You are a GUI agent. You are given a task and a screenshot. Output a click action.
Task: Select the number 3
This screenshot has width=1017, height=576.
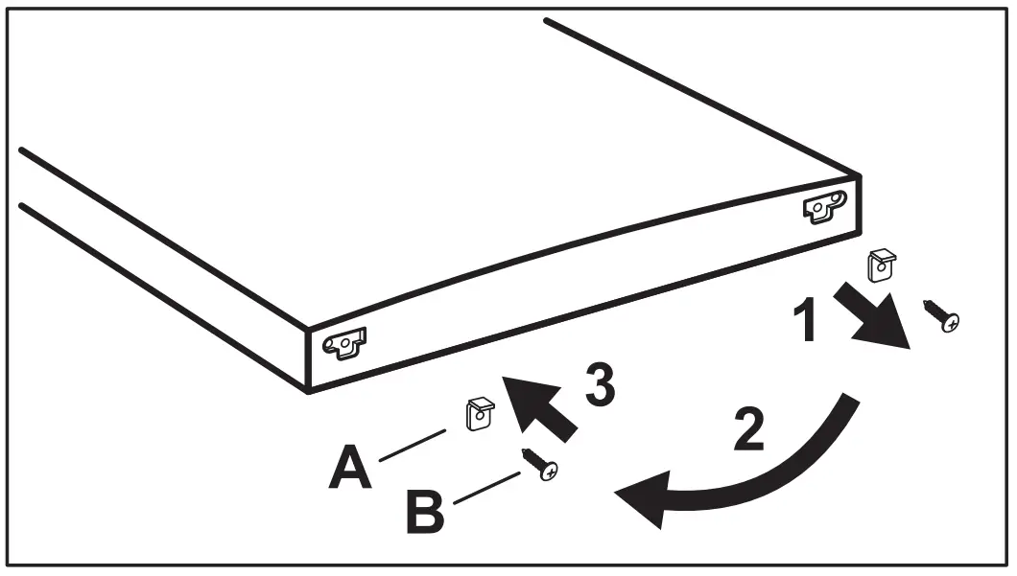[x=597, y=384]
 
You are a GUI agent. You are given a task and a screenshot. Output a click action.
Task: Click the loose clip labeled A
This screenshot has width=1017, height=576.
[x=479, y=414]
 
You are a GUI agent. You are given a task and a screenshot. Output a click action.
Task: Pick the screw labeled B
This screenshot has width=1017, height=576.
[x=539, y=464]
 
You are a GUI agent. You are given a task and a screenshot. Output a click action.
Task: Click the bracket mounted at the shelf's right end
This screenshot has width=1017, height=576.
[x=824, y=207]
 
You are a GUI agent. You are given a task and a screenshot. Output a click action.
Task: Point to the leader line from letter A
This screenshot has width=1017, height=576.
[x=414, y=448]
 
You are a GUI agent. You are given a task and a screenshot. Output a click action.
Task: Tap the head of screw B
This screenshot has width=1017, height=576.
[x=549, y=472]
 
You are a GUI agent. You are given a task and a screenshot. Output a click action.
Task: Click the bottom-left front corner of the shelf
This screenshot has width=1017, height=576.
[x=307, y=391]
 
